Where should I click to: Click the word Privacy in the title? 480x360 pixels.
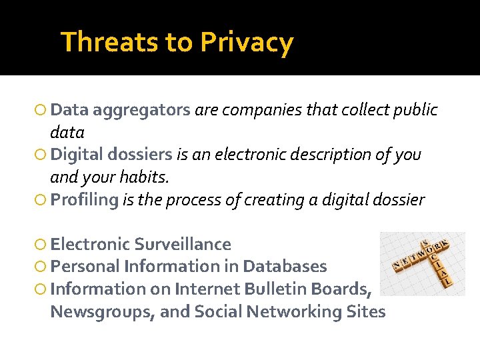(x=246, y=43)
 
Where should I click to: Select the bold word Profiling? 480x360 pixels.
(x=84, y=199)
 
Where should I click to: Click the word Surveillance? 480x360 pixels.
(x=183, y=244)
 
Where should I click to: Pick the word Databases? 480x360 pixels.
(x=285, y=267)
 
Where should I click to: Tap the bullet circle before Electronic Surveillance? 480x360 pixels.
(x=42, y=245)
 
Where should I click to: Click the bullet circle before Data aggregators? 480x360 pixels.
(x=42, y=110)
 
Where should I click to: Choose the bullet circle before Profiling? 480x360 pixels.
(x=42, y=200)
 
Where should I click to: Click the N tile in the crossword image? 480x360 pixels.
(x=396, y=265)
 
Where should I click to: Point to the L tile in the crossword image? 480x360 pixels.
(x=448, y=282)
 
